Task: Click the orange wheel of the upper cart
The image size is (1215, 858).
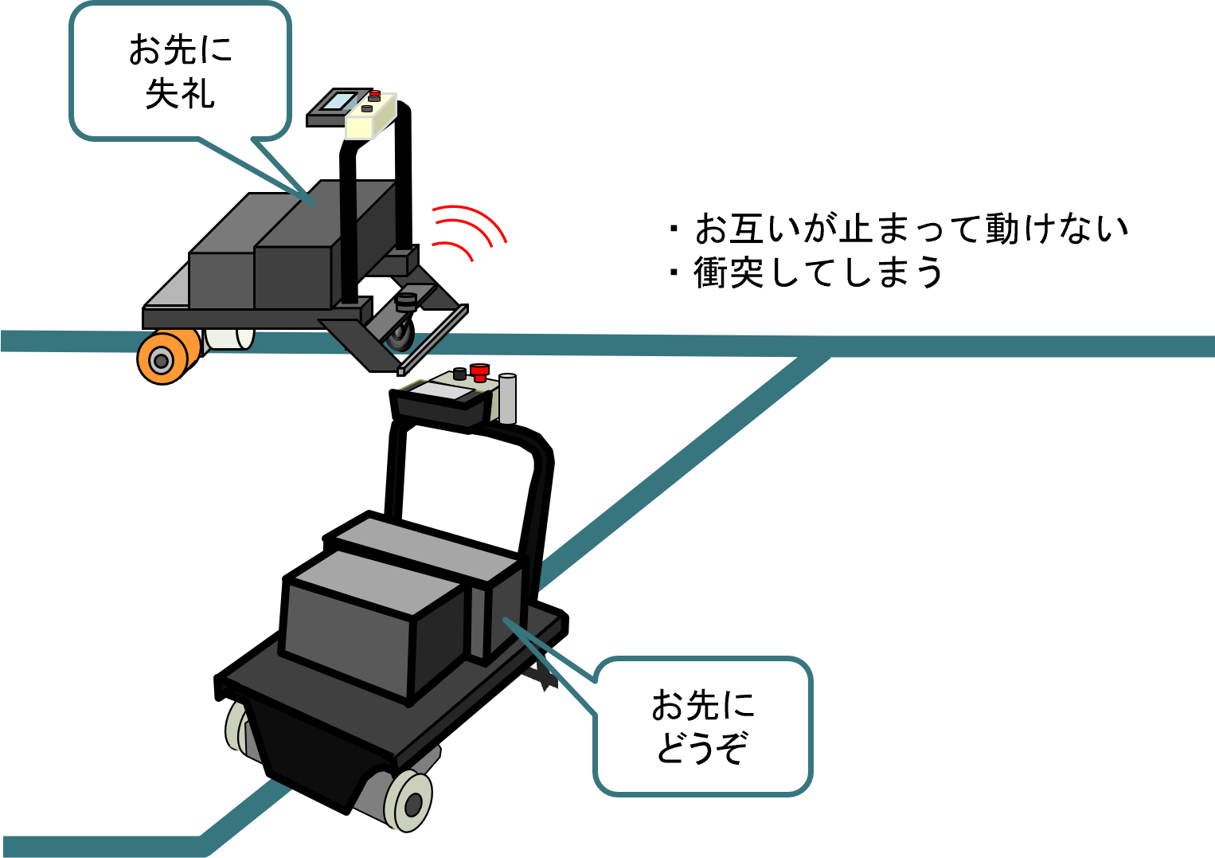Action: (162, 359)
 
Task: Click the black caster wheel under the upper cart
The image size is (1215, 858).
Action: (400, 335)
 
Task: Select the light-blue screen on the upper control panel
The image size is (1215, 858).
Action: (340, 101)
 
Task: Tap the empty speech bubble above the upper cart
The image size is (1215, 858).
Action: (180, 72)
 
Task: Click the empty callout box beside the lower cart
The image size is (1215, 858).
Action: (703, 726)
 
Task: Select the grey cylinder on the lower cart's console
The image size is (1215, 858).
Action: (507, 399)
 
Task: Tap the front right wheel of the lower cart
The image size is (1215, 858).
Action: (409, 800)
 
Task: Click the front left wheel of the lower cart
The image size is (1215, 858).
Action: (238, 727)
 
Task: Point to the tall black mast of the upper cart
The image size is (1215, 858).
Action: (348, 239)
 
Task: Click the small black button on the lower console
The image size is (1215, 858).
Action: (459, 374)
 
